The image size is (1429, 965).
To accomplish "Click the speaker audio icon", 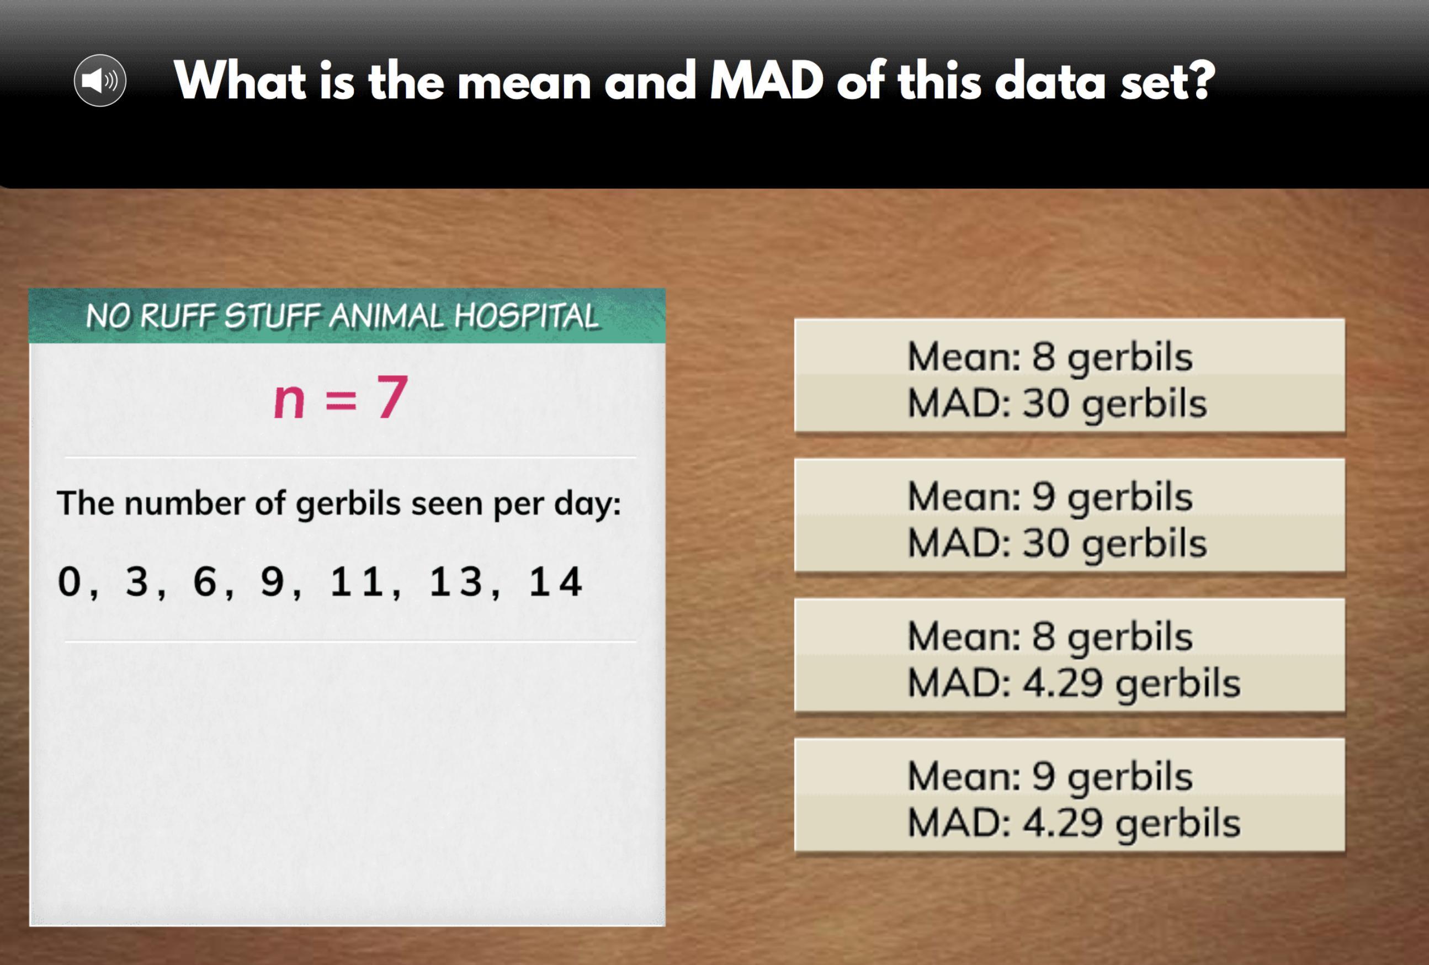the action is (100, 80).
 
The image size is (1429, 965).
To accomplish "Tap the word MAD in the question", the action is (766, 81).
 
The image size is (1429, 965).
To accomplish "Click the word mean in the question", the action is (524, 81).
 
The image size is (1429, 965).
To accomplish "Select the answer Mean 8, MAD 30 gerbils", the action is (1069, 376).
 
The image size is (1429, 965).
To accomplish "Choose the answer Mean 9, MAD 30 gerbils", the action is (1069, 516).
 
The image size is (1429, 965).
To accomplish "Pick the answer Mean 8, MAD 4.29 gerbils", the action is (1069, 656).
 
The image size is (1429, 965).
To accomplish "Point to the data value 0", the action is (69, 581).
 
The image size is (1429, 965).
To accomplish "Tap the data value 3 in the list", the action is (136, 581).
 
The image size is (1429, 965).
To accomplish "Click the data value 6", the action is (204, 581).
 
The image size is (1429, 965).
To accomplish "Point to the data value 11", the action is (357, 581).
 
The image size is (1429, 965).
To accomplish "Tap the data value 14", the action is (555, 581).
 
